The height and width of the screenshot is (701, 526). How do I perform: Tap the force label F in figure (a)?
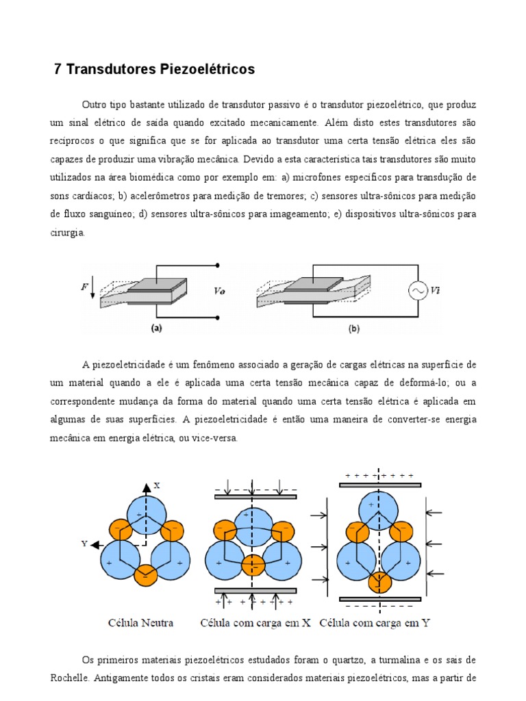85,288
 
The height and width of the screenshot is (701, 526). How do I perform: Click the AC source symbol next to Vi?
417,291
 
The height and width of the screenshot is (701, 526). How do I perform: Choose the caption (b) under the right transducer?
354,328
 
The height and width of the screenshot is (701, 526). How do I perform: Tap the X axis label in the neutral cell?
157,485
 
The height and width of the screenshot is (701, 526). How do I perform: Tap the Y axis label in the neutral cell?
84,544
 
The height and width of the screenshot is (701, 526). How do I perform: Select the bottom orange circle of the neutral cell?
145,576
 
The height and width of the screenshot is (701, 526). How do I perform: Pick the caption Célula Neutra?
140,623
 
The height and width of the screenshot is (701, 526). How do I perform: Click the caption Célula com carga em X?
255,623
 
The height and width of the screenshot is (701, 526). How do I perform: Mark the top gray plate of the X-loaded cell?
254,496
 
